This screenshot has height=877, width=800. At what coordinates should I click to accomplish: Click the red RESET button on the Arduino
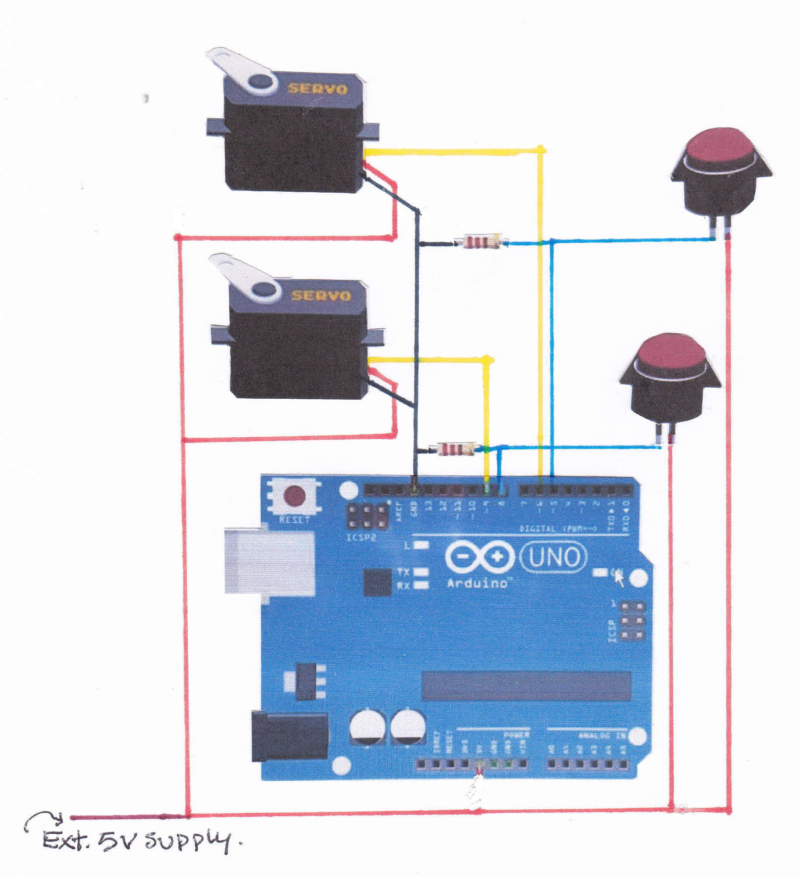tap(294, 496)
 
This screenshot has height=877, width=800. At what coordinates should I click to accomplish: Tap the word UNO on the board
tap(554, 557)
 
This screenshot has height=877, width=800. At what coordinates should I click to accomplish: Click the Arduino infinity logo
tap(479, 557)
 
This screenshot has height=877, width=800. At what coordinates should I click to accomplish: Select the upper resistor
tap(481, 242)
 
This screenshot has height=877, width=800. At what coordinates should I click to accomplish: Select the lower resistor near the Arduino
tap(456, 449)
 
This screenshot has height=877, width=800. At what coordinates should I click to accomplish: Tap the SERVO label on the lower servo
tap(321, 296)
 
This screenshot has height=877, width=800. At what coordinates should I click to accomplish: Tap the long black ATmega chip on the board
tap(526, 686)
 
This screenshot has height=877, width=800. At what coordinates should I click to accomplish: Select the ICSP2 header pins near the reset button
tap(368, 516)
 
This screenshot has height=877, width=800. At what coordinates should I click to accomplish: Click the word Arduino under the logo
tap(477, 583)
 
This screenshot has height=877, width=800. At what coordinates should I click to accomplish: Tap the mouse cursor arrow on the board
tap(619, 579)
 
